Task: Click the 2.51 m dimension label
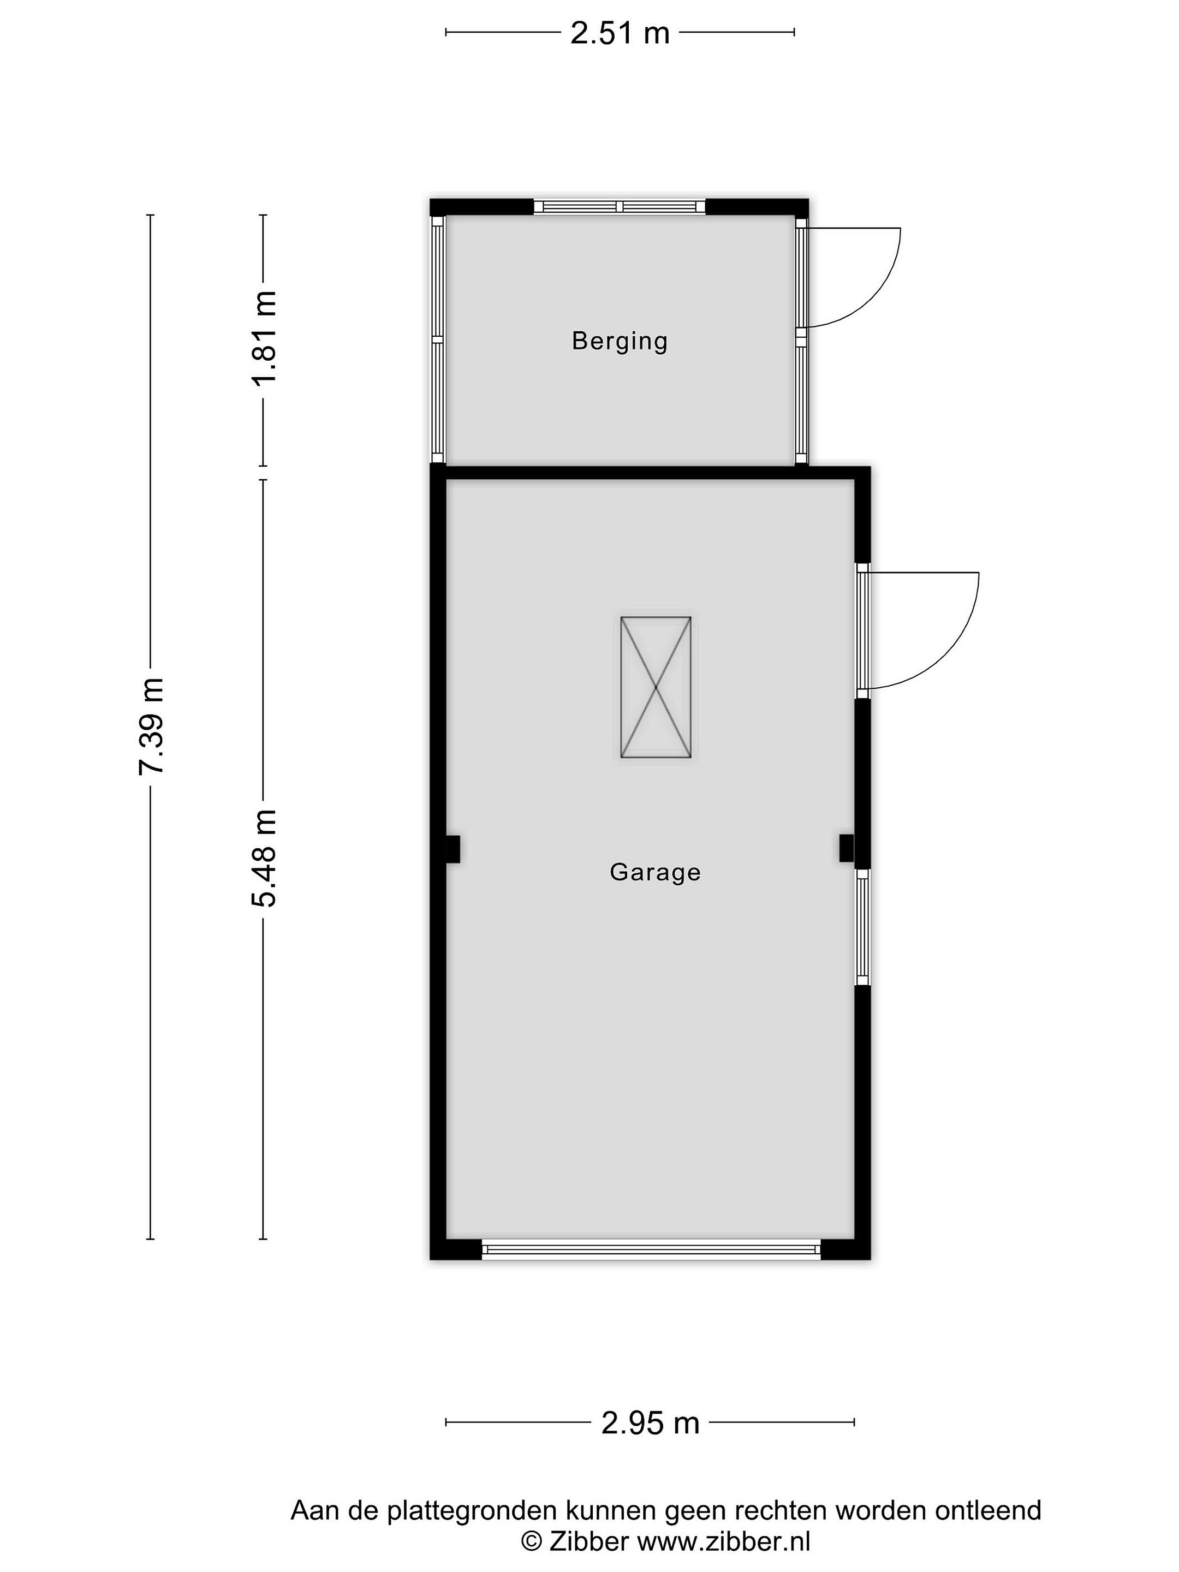tap(620, 33)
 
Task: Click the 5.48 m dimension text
tap(264, 858)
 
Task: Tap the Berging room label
tap(620, 341)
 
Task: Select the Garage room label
tap(655, 872)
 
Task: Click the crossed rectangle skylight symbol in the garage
tap(655, 687)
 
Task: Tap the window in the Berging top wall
tap(619, 207)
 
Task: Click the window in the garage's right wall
tap(862, 927)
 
